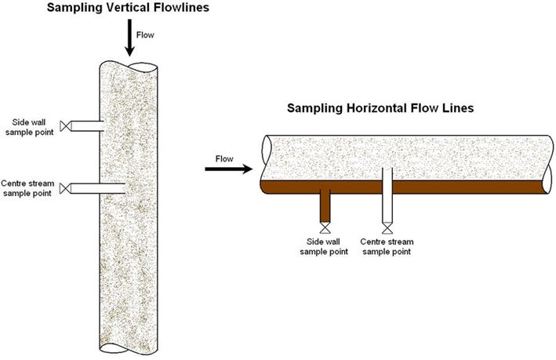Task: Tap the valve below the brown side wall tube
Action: click(x=327, y=229)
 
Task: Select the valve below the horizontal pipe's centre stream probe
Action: click(x=387, y=229)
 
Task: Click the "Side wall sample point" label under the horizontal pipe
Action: click(x=327, y=246)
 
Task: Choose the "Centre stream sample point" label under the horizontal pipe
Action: click(x=387, y=246)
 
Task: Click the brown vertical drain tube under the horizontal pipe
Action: click(x=327, y=208)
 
